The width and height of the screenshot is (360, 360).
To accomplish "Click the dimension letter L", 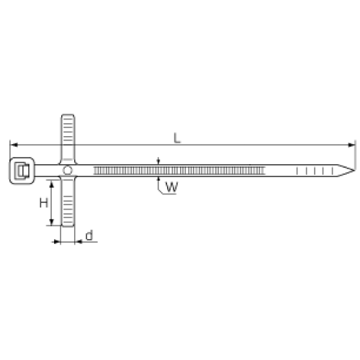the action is coord(177,138).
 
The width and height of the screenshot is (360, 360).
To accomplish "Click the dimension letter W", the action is coord(172,187).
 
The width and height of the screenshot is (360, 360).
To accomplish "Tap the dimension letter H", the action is coord(44,203).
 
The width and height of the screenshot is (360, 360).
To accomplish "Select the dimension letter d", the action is coord(89,235).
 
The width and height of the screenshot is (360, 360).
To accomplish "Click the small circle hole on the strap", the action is coord(68,171).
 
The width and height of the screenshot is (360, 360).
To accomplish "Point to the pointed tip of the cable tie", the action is coord(354,171).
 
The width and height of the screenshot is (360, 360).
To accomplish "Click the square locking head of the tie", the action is coord(22,171).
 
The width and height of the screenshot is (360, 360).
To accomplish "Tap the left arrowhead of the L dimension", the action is coord(14,145).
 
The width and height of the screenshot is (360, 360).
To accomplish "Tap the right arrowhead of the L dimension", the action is coord(351,145).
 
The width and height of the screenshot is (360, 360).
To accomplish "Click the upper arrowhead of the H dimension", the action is coord(51,184).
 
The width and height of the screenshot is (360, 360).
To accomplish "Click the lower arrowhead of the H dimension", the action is coord(51,222).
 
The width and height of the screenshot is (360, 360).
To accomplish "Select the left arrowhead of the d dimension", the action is coord(57,242).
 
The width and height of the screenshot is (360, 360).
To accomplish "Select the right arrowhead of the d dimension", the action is coord(78,242).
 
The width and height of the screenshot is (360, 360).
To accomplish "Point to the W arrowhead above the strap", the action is coord(158,162).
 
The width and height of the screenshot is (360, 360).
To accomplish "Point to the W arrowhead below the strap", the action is coord(158,179).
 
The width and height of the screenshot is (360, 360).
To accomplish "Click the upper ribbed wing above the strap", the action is coord(68,139).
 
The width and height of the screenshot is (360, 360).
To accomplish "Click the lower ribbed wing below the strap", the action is coord(68,202).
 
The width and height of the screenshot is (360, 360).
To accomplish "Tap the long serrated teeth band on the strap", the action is coord(179,171).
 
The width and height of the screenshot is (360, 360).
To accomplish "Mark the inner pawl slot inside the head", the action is coord(22,171).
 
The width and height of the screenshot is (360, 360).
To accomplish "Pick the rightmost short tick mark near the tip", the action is coord(333,171).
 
